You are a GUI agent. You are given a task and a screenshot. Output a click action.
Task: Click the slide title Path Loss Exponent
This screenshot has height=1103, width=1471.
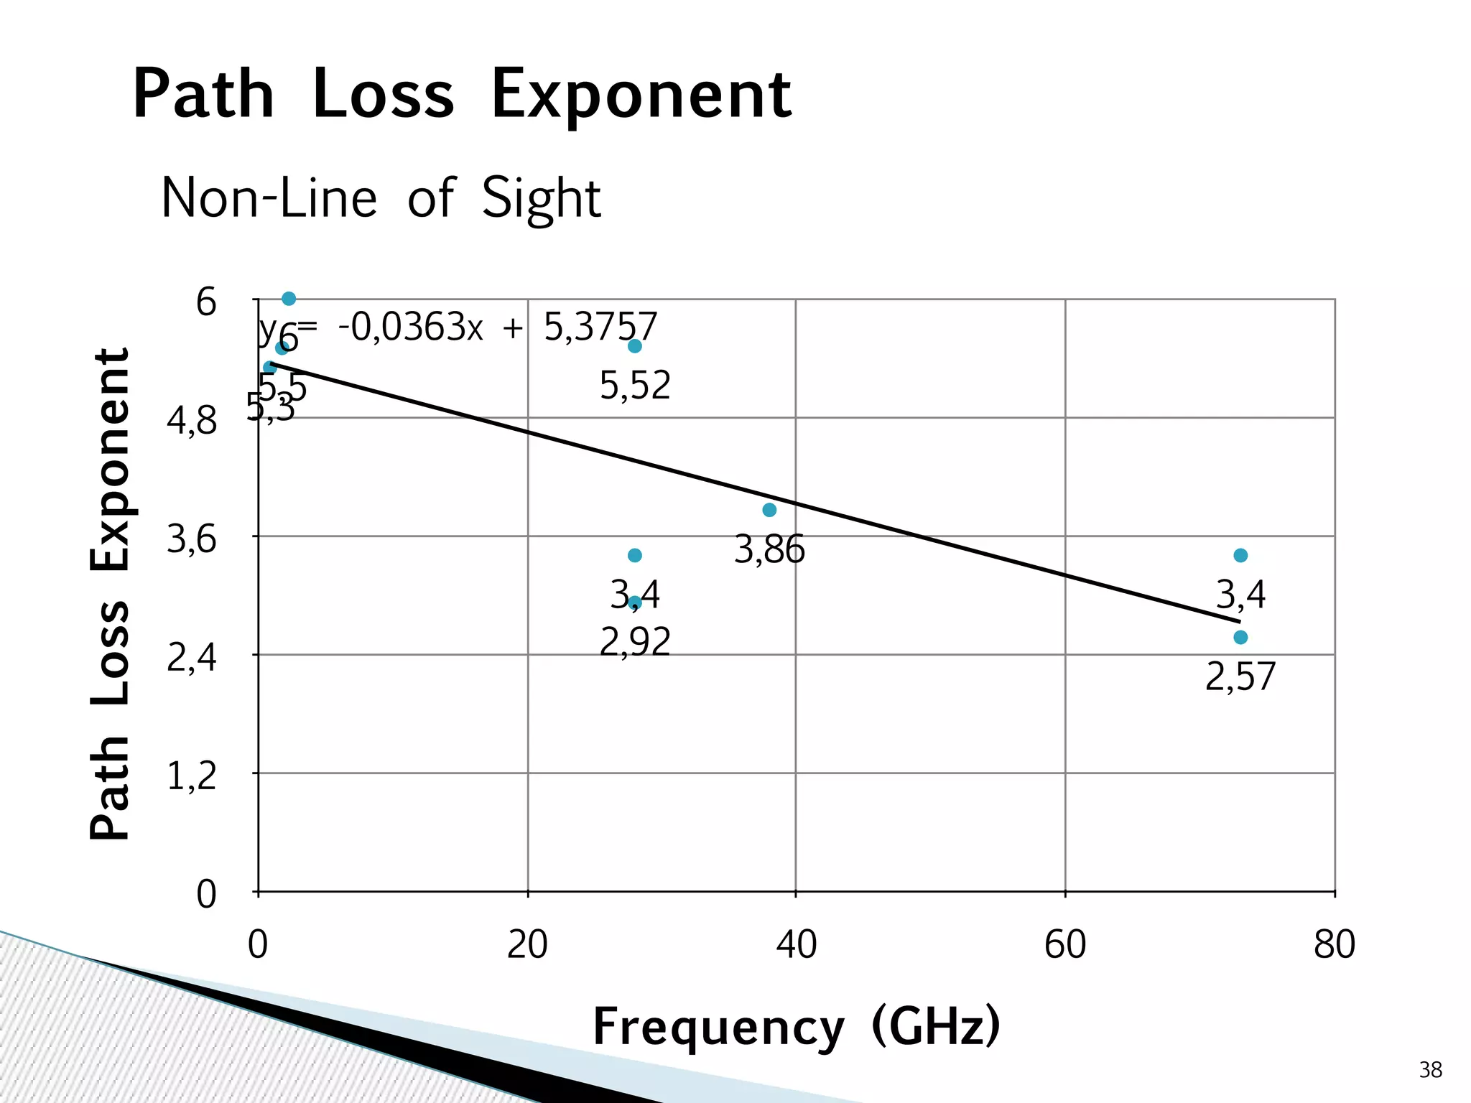coord(462,94)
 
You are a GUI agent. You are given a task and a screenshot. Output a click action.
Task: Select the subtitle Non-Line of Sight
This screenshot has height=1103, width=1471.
coord(381,197)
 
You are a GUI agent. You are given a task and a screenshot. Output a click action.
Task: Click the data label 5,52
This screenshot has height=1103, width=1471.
coord(635,386)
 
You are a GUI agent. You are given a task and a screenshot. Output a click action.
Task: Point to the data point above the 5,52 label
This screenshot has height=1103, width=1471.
coord(635,346)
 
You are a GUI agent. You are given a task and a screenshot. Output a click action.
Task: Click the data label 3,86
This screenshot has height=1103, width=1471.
coord(769,550)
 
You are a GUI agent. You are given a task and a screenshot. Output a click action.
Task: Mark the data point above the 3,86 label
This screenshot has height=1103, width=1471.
coord(769,510)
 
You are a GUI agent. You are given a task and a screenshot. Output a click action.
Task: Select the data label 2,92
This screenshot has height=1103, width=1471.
coord(635,641)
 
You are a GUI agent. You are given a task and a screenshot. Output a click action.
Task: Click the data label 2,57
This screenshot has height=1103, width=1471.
coord(1240,676)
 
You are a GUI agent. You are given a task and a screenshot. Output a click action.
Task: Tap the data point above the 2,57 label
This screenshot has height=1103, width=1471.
coord(1240,637)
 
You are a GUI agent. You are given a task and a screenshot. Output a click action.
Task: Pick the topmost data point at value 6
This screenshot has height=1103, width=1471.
coord(289,299)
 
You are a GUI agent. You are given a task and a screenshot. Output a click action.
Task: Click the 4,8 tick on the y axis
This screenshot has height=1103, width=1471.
coord(191,421)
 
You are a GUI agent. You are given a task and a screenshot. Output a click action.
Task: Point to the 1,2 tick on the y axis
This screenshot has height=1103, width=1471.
coord(191,776)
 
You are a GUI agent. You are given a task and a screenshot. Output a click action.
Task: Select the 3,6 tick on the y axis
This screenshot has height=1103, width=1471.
coord(191,539)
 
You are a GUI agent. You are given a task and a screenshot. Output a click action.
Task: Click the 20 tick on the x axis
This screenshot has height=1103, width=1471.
coord(527,944)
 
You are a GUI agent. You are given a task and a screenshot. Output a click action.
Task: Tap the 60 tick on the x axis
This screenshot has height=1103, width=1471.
coord(1065,944)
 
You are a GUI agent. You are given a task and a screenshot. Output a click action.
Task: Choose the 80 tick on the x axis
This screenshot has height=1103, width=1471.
coord(1335,944)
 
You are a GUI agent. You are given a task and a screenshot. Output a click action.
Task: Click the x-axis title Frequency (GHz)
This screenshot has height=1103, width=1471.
coord(796,1027)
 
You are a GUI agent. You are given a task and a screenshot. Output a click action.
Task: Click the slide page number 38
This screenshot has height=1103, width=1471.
coord(1430,1070)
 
